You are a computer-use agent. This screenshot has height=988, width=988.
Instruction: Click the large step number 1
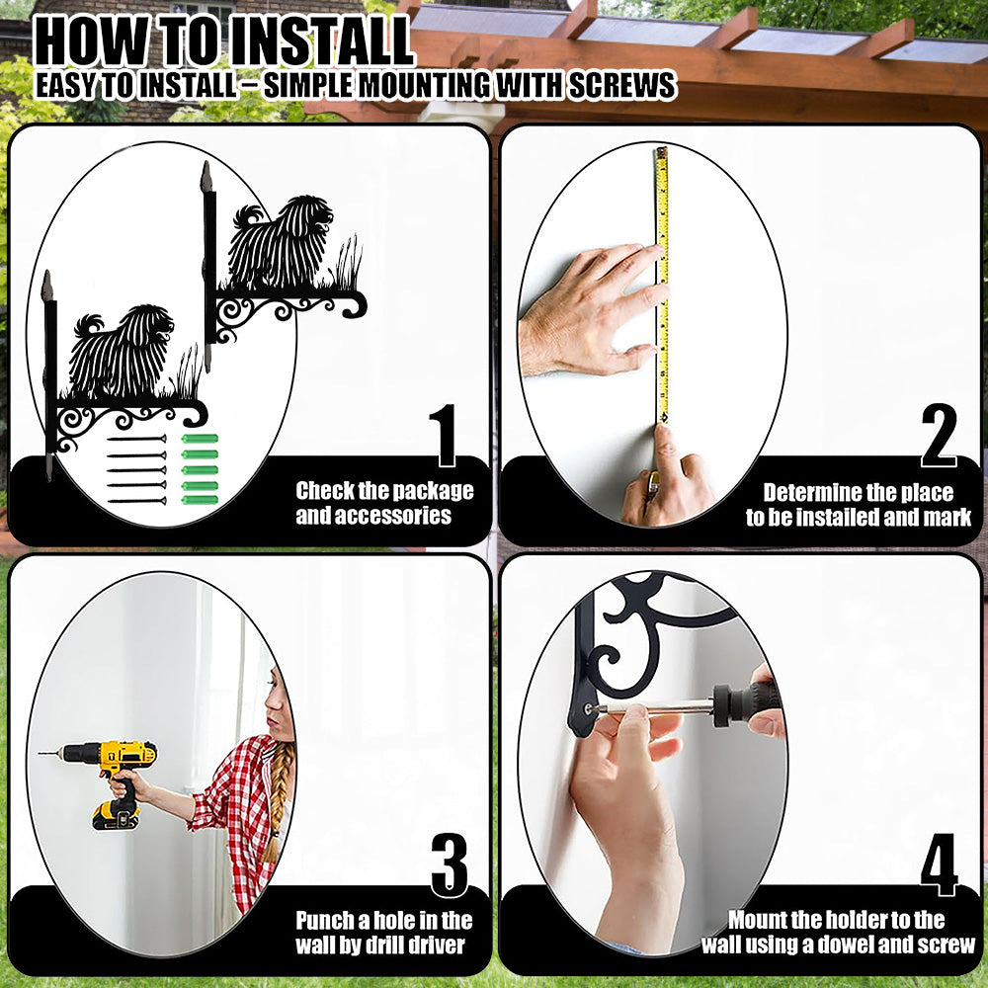point(445,436)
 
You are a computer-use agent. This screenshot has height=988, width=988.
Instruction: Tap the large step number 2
point(939,436)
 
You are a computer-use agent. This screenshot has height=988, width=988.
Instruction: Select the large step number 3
point(450,865)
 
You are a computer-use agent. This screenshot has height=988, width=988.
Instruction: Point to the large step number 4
point(939,865)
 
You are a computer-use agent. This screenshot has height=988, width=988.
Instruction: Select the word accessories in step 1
point(373,516)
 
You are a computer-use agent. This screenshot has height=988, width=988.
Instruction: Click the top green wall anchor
point(200,439)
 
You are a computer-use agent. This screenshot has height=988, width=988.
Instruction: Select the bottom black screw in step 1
point(136,501)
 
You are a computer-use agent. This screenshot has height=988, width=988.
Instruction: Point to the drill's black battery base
point(116,815)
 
